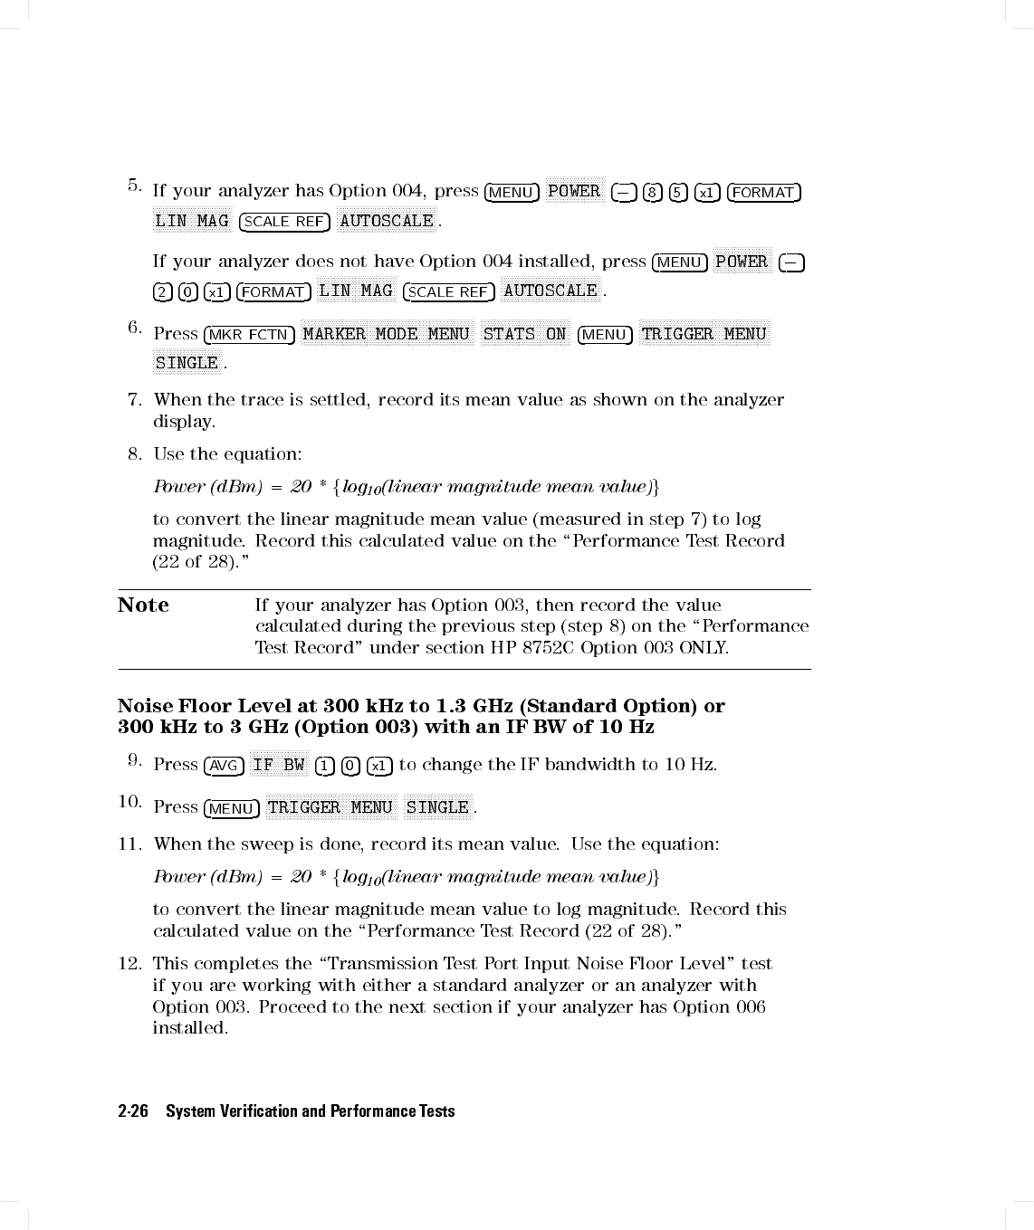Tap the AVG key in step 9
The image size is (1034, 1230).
[224, 766]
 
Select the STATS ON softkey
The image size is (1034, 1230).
[524, 334]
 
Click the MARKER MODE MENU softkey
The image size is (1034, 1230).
[387, 334]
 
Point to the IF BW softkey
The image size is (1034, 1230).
[279, 765]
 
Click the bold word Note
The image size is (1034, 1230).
[143, 605]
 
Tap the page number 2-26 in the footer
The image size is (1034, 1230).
[133, 1111]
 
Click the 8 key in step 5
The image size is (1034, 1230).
[652, 192]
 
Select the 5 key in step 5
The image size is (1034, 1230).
[677, 192]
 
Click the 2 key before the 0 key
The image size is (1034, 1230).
[162, 291]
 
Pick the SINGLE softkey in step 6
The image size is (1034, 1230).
[187, 363]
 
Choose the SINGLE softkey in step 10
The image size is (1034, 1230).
[438, 807]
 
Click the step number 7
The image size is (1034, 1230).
[135, 399]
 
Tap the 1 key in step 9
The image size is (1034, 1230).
[324, 766]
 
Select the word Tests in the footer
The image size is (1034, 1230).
[436, 1111]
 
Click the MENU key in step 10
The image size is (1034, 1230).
[232, 808]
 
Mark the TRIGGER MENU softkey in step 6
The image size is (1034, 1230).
[704, 334]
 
